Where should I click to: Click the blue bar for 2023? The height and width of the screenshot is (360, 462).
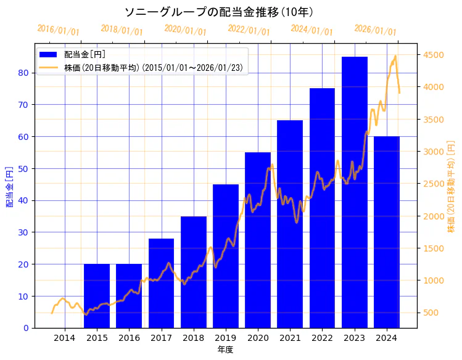(355, 192)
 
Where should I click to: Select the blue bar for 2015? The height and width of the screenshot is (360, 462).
(97, 296)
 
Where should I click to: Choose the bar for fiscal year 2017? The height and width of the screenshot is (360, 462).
(161, 283)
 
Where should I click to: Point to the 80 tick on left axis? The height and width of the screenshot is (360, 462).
(23, 73)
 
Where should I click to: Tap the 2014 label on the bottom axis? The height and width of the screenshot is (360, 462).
(65, 338)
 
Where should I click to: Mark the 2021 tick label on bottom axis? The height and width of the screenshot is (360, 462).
(290, 338)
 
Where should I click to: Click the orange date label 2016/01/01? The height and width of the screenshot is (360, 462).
(58, 30)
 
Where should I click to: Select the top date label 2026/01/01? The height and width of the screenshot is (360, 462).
(375, 30)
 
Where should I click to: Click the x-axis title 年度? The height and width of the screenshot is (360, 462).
(225, 350)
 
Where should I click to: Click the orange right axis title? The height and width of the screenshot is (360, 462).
(451, 186)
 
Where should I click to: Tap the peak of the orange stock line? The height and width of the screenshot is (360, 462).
(395, 56)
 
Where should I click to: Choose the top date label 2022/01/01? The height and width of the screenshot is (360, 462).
(249, 30)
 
